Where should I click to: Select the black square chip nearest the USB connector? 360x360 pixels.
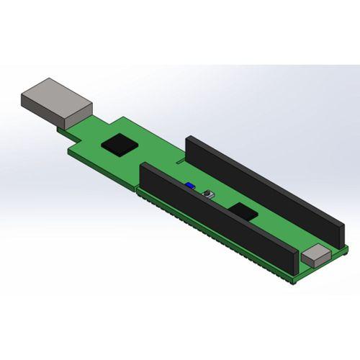click(120, 143)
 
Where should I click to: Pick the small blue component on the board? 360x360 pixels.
click(189, 186)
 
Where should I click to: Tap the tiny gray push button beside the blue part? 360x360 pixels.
click(210, 194)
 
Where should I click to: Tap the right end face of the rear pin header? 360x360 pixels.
click(337, 235)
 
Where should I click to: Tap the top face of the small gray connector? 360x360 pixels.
click(316, 251)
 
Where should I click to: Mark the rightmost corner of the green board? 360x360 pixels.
click(348, 249)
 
